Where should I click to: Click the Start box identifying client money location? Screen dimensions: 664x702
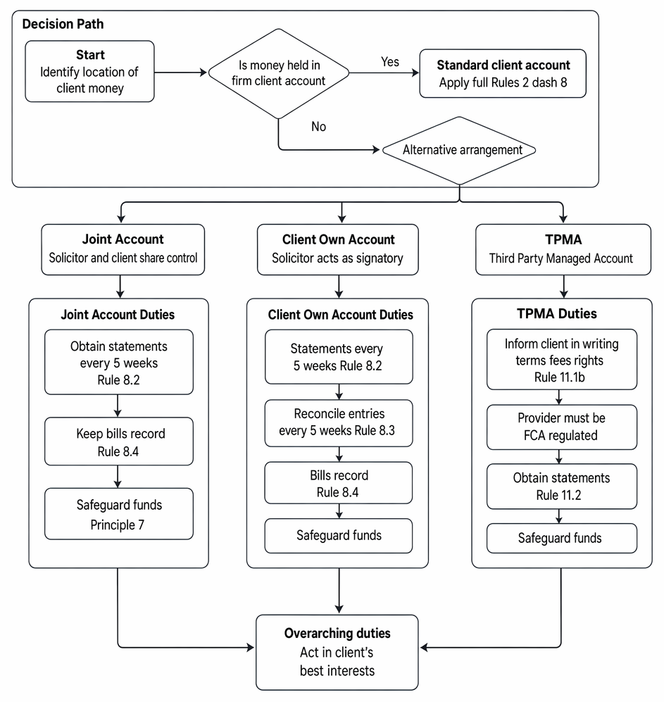coord(89,72)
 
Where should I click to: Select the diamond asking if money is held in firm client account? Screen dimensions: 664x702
coord(279,73)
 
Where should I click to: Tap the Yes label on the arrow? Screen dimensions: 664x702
coord(389,62)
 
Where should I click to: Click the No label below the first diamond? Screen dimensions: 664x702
coord(318,127)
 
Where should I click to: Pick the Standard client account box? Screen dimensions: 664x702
coord(503,73)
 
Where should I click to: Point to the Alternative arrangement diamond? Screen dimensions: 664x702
coord(459,151)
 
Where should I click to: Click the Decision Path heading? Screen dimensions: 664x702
coord(63,24)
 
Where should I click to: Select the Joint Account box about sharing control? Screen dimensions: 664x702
coord(123,249)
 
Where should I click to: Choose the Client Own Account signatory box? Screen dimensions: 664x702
coord(337,249)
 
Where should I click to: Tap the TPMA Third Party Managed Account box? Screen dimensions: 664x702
coord(563,249)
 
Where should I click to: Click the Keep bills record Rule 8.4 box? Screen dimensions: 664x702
coord(119,441)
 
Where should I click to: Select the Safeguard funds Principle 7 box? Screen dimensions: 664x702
coord(119,513)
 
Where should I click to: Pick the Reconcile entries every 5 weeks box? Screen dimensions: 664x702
coord(339,422)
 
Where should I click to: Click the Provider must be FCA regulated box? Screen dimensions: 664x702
coord(561,427)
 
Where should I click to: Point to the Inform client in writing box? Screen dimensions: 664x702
coord(561,360)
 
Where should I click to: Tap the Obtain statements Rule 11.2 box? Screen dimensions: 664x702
coord(561,487)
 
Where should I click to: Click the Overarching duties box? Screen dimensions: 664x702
coord(337,652)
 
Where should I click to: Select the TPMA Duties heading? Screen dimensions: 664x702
coord(556,313)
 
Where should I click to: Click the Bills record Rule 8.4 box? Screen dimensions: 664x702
coord(339,482)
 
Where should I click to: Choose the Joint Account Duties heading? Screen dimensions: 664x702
coord(118,314)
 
